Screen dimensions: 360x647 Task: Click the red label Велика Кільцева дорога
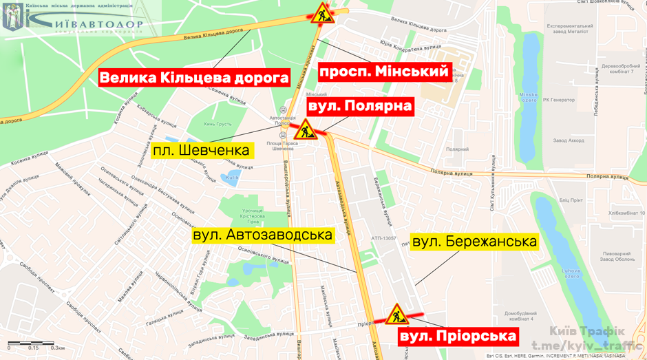pyautogui.click(x=194, y=78)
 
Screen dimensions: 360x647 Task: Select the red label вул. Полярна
pyautogui.click(x=360, y=106)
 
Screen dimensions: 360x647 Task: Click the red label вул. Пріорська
pyautogui.click(x=458, y=336)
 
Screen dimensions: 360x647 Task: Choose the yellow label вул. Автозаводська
pyautogui.click(x=263, y=235)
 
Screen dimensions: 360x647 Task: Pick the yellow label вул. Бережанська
pyautogui.click(x=474, y=242)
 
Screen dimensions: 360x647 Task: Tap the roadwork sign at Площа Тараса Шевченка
pyautogui.click(x=304, y=129)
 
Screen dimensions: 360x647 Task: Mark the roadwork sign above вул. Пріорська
pyautogui.click(x=396, y=315)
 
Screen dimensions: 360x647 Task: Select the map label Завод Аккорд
pyautogui.click(x=568, y=142)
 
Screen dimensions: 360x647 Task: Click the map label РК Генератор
pyautogui.click(x=560, y=100)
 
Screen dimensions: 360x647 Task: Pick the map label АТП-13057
pyautogui.click(x=384, y=238)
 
